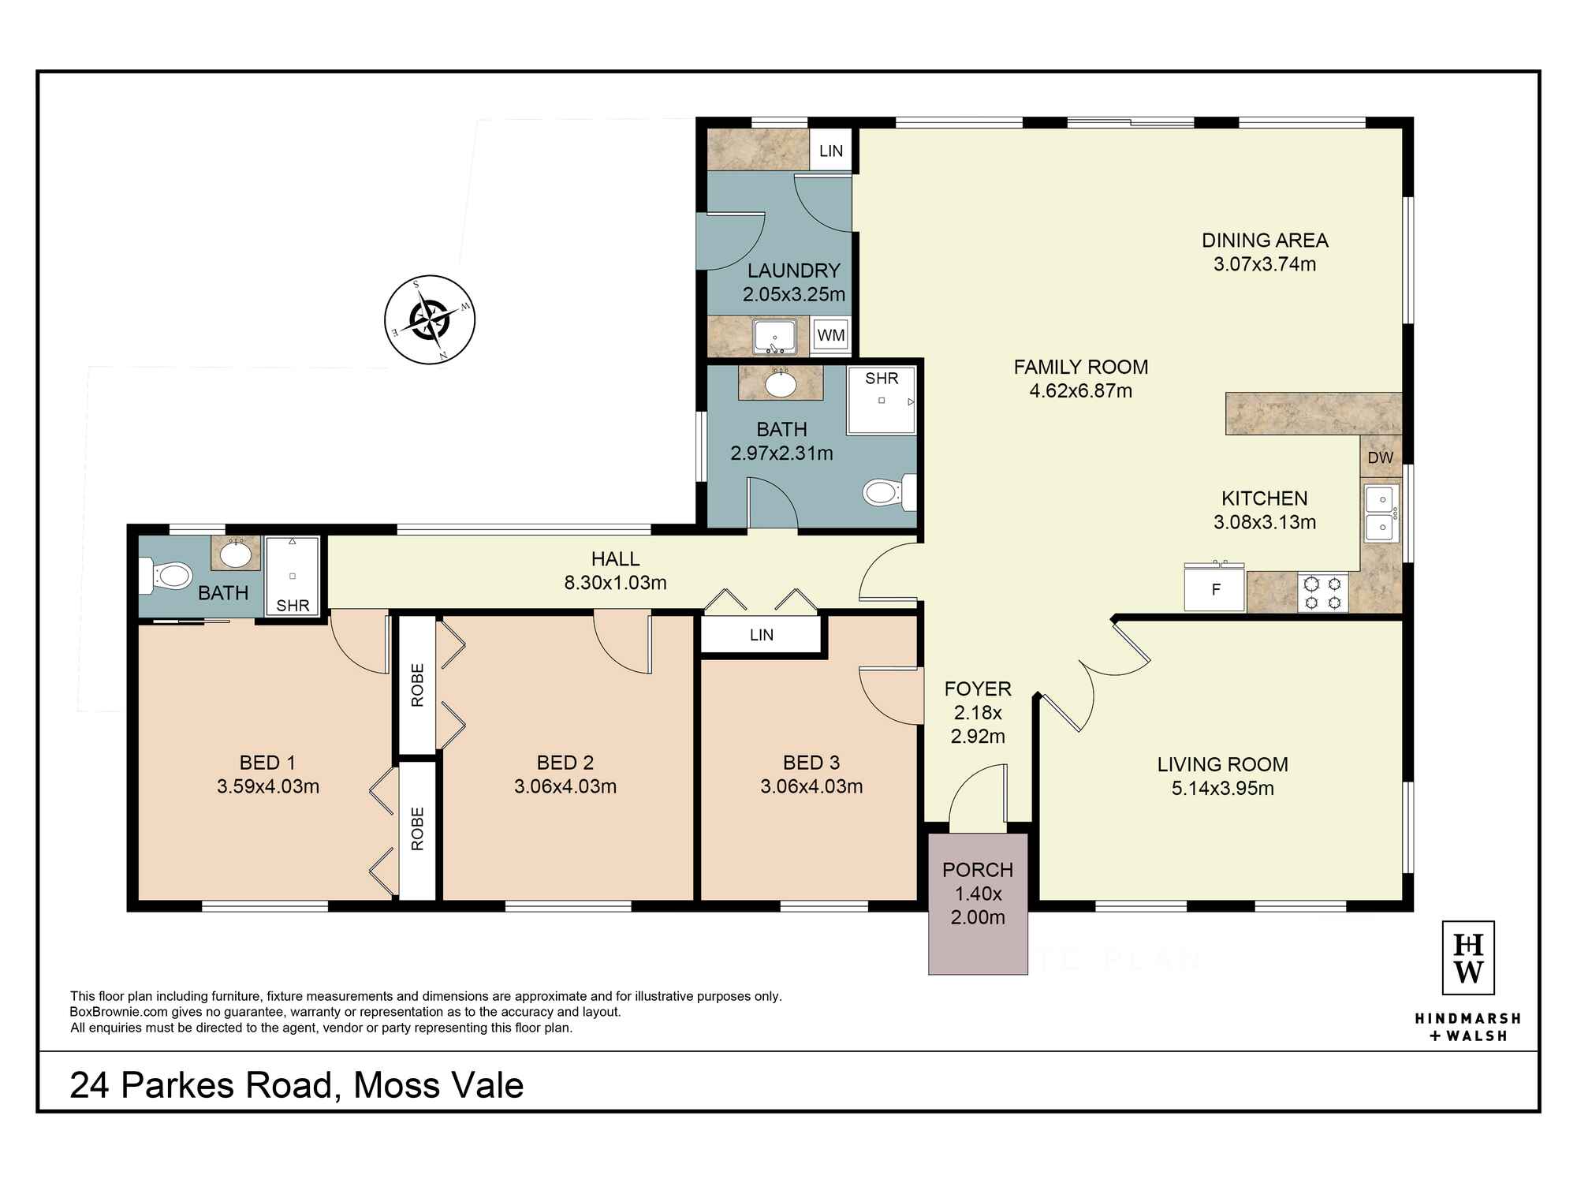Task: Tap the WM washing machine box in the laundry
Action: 831,335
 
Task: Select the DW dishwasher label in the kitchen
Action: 1380,457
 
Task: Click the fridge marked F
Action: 1214,589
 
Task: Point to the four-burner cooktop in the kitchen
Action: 1322,593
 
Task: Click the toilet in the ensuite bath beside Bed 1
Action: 166,576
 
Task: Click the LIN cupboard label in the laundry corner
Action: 831,151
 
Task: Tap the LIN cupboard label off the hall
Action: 762,635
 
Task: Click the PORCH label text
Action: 978,870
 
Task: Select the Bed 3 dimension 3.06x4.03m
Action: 811,786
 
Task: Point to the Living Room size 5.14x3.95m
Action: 1222,788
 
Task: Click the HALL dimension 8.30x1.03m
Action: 615,583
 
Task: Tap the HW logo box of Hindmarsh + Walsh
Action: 1468,957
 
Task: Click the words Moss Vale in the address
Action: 438,1085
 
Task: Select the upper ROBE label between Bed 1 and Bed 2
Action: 417,685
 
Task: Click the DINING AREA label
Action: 1265,240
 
